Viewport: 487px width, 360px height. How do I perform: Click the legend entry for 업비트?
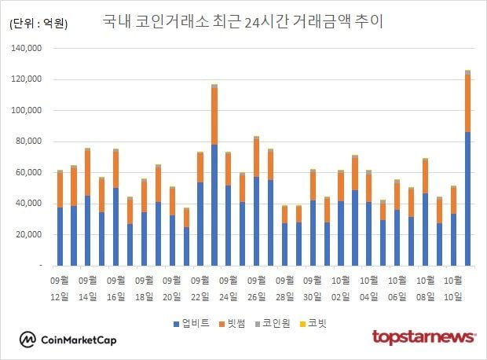[191, 322]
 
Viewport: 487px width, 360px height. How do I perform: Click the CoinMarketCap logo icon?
[28, 340]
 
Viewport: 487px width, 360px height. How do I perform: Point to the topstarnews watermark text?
[424, 337]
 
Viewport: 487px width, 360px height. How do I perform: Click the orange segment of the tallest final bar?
[467, 103]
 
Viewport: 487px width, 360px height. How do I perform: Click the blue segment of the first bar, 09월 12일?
[60, 236]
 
